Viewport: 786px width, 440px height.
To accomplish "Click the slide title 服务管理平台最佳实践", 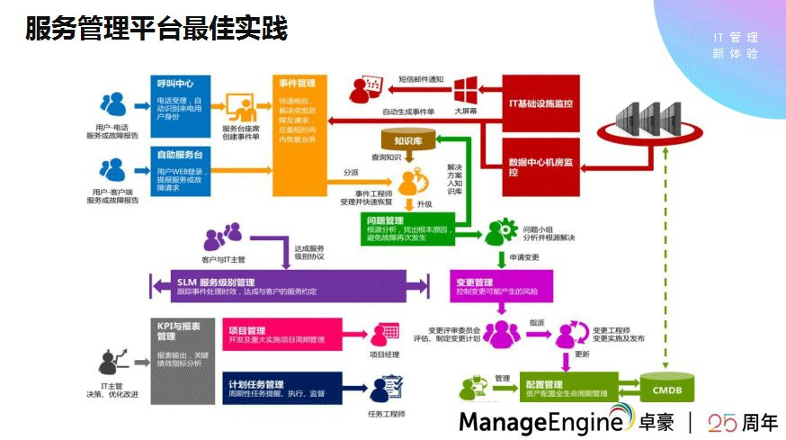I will point(156,30).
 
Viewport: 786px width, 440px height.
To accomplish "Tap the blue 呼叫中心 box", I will point(182,103).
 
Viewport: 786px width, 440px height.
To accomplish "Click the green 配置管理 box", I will point(567,388).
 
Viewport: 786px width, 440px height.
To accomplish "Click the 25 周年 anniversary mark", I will point(742,421).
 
